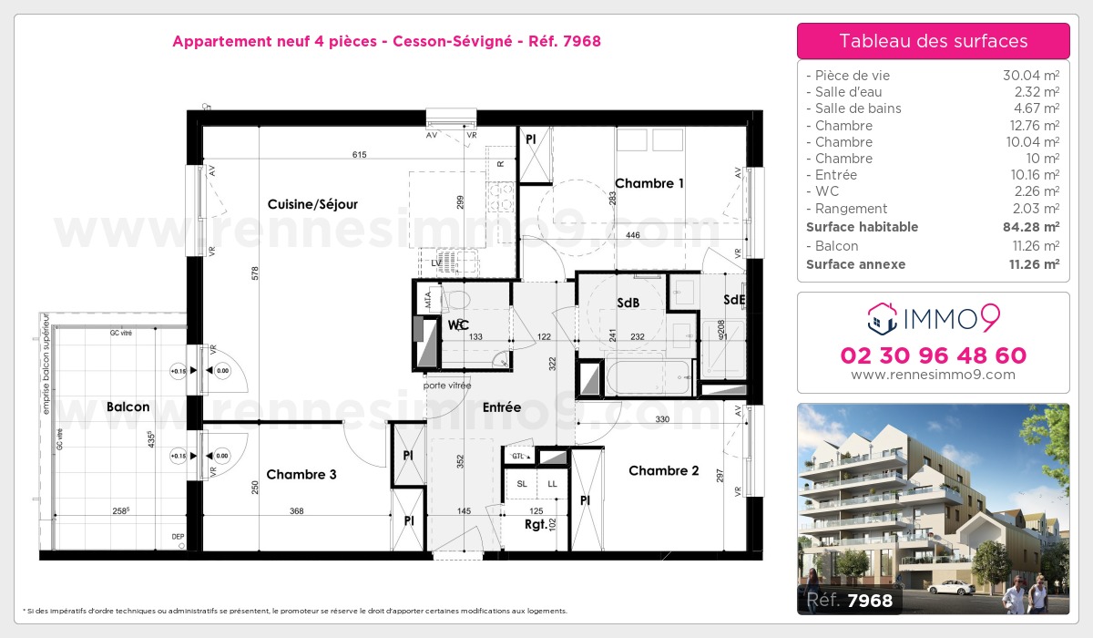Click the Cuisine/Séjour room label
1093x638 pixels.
pyautogui.click(x=312, y=204)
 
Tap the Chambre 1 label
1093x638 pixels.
pyautogui.click(x=649, y=183)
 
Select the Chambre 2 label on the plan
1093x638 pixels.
pyautogui.click(x=664, y=470)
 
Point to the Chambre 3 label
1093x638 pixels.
pyautogui.click(x=301, y=474)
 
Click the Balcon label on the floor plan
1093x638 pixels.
pyautogui.click(x=128, y=406)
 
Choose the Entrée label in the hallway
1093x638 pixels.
pyautogui.click(x=502, y=407)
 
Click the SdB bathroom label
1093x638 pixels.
pyautogui.click(x=628, y=303)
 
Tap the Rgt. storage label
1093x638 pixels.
pyautogui.click(x=536, y=524)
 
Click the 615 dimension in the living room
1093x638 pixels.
pyautogui.click(x=359, y=155)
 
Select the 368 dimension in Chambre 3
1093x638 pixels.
pyautogui.click(x=296, y=511)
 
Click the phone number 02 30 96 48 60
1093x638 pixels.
pyautogui.click(x=934, y=355)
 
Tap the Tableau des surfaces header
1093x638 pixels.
pyautogui.click(x=934, y=41)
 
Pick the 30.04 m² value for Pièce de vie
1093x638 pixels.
pyautogui.click(x=1030, y=76)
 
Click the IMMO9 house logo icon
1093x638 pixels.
pyautogui.click(x=881, y=318)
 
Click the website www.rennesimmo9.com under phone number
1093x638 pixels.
pyautogui.click(x=934, y=375)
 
